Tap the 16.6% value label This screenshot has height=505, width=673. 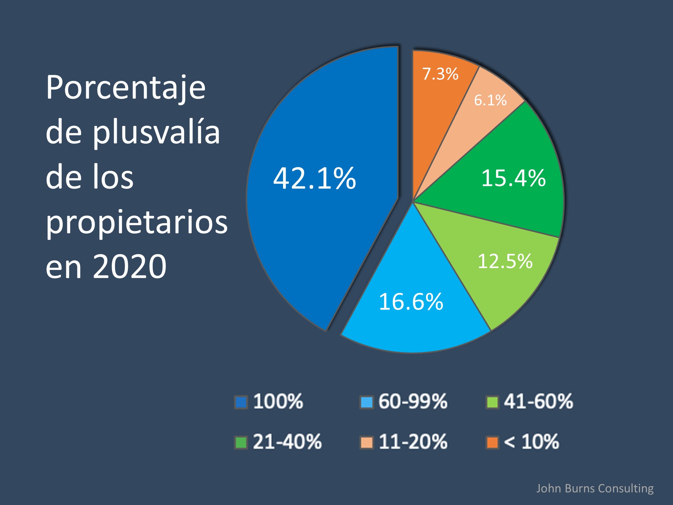(x=411, y=301)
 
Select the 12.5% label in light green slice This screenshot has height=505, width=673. (x=505, y=261)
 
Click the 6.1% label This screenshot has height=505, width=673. (x=490, y=100)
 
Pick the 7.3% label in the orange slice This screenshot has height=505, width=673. (x=440, y=74)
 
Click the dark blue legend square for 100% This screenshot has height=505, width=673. (x=241, y=402)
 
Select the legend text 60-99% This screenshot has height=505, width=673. (x=413, y=401)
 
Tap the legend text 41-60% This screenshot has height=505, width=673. (x=538, y=401)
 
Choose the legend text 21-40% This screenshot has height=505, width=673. (x=287, y=441)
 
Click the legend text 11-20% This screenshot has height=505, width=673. (x=413, y=441)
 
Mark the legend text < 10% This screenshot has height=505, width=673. (x=531, y=441)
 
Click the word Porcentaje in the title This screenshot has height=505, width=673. (x=126, y=88)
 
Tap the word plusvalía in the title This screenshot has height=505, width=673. (x=156, y=132)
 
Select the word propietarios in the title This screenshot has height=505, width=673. (x=137, y=222)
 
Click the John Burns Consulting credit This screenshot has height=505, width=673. (x=595, y=488)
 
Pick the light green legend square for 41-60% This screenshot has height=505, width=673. (x=492, y=402)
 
